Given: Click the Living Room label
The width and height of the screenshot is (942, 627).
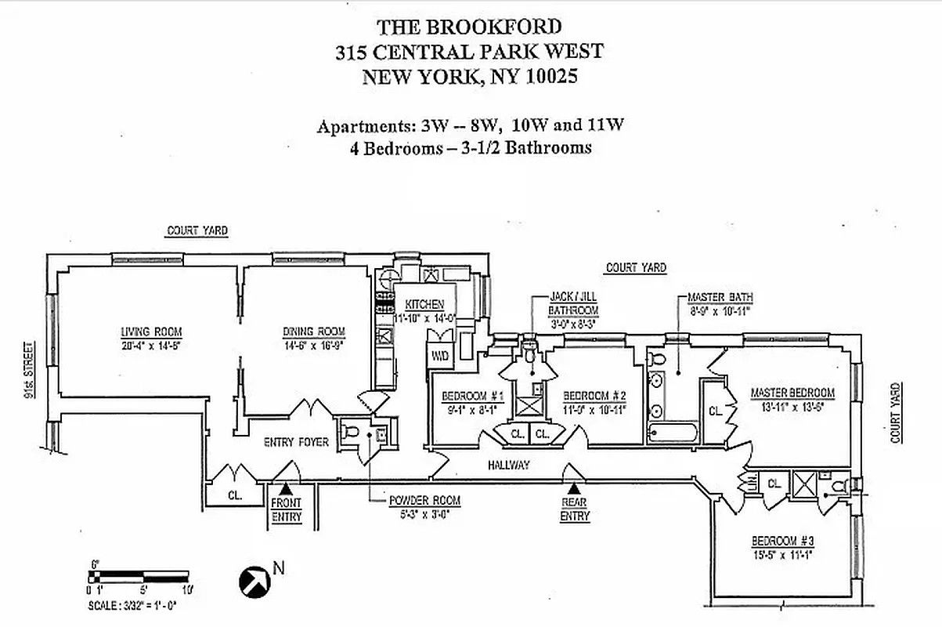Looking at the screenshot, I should click(141, 331).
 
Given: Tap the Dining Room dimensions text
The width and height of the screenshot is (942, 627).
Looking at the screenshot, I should click(313, 343).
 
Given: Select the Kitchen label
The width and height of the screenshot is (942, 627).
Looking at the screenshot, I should click(424, 304).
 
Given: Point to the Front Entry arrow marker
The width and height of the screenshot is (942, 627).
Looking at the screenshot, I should click(286, 489).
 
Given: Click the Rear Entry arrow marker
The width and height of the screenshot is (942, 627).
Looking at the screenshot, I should click(574, 489).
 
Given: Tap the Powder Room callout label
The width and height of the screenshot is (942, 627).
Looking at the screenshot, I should click(424, 500).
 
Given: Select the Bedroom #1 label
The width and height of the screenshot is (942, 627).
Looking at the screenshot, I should click(467, 395).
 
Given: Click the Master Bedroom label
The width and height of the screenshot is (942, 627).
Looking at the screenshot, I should click(792, 393).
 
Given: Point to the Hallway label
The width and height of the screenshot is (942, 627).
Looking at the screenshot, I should click(508, 465).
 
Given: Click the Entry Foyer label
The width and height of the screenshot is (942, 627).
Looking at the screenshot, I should click(296, 442).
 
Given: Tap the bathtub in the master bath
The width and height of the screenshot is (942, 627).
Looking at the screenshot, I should click(673, 433).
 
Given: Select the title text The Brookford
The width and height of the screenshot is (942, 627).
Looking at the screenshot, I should click(469, 27).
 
